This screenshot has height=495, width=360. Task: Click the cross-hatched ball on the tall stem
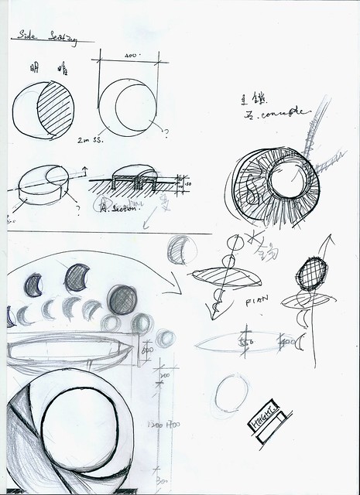(x=311, y=273)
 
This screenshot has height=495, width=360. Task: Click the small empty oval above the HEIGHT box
(x=230, y=394)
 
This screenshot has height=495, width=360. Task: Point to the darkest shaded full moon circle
(x=122, y=300)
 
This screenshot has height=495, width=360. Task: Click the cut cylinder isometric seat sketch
(x=43, y=184)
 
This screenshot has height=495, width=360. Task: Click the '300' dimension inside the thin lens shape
(x=247, y=340)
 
